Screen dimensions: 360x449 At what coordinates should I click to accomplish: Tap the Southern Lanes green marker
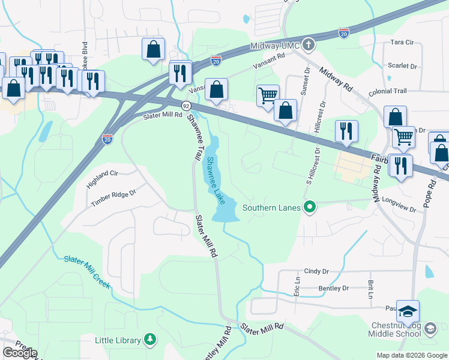(310, 208)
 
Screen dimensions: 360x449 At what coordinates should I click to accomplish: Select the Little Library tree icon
(149, 340)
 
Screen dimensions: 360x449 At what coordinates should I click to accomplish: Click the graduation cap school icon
(408, 312)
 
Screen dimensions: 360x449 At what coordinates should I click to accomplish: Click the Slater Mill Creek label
(88, 272)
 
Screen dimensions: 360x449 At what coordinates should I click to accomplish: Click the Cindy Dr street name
(318, 272)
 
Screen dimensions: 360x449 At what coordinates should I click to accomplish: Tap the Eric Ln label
(297, 285)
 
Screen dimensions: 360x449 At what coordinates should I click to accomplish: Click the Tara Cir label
(402, 43)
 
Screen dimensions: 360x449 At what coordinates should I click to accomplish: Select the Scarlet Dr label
(402, 66)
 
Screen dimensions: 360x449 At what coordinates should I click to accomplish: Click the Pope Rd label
(427, 193)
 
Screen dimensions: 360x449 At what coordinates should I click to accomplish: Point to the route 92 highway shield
(178, 106)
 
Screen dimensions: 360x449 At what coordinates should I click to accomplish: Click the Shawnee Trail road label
(196, 136)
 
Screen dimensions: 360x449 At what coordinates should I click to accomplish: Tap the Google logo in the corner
(20, 353)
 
